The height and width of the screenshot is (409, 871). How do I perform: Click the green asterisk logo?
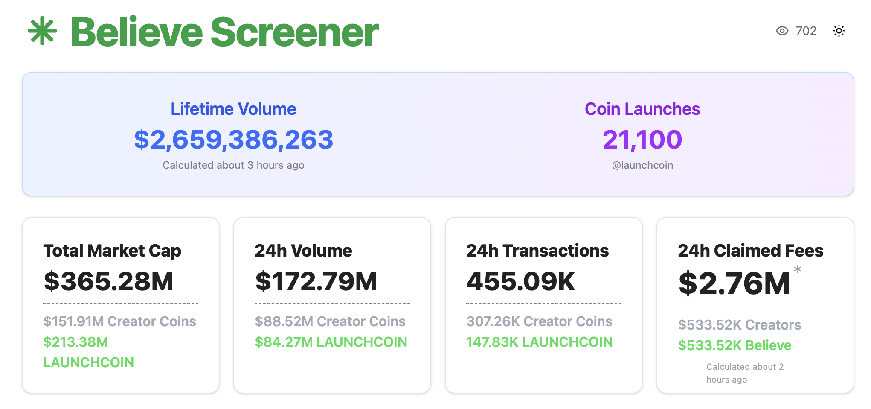click(42, 31)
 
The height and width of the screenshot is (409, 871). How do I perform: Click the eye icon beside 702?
click(782, 31)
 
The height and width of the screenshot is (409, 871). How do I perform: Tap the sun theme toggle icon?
click(839, 31)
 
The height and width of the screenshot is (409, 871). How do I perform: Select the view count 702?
click(806, 31)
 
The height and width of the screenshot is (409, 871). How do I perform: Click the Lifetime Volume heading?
click(233, 109)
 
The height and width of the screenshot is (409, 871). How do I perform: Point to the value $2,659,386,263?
click(233, 140)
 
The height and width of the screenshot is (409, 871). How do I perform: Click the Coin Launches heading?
click(642, 109)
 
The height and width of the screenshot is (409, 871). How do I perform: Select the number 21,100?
click(642, 140)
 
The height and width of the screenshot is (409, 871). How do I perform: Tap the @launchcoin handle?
click(642, 165)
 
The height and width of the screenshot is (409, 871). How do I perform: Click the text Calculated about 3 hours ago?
click(233, 165)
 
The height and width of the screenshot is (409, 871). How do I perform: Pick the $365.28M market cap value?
click(108, 281)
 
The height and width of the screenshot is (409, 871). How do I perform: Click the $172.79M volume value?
click(316, 281)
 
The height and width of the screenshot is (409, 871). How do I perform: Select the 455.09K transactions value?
click(521, 281)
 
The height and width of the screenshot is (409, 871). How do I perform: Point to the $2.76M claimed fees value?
click(734, 283)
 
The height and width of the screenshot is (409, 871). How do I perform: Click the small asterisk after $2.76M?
click(797, 269)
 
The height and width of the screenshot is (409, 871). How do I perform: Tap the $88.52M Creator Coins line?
click(330, 321)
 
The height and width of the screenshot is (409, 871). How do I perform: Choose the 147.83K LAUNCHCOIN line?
click(539, 342)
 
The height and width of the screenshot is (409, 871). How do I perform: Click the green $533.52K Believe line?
click(735, 345)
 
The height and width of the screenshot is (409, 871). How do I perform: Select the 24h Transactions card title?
click(537, 251)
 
